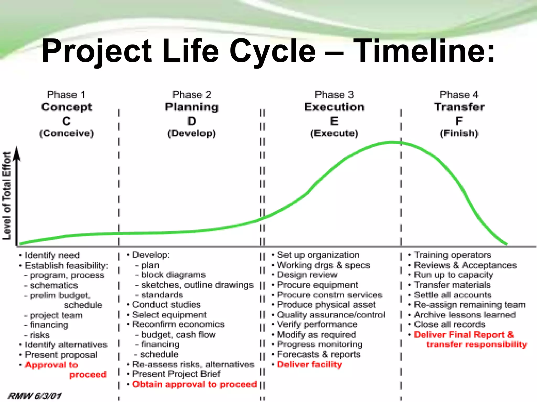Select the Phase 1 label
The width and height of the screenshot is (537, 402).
tap(66, 95)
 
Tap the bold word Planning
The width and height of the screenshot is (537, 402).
tap(192, 107)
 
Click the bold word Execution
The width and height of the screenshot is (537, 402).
tap(334, 107)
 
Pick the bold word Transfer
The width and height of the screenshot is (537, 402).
tap(459, 107)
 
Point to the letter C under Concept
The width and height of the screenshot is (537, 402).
tap(66, 121)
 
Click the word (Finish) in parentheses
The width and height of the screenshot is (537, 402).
tap(459, 133)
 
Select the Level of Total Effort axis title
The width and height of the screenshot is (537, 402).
tap(7, 196)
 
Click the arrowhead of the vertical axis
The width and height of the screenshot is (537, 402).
tap(17, 153)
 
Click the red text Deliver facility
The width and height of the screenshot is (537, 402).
tap(309, 364)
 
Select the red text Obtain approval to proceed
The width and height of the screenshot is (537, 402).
tap(194, 384)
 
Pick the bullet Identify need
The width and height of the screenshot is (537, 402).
tap(52, 255)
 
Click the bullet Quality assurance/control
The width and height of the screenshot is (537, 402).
tap(331, 315)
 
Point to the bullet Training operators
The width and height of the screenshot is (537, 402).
tap(452, 255)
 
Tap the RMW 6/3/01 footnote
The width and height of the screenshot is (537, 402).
tap(35, 396)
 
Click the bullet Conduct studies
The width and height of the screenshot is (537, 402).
tap(167, 305)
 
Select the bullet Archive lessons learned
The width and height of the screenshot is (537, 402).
tap(465, 315)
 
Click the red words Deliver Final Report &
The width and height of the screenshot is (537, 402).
tap(464, 334)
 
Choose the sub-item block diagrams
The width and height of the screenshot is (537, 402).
tap(173, 275)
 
